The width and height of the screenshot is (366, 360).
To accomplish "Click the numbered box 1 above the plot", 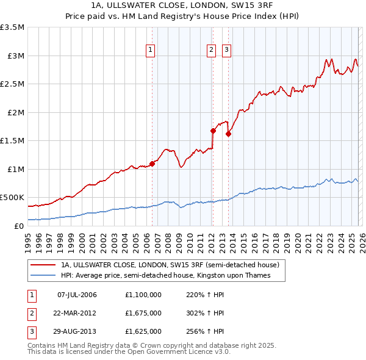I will click(x=151, y=51).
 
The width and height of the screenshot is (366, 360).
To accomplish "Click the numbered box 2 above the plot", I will click(x=211, y=51).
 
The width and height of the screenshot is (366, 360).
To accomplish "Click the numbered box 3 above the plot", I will click(x=226, y=51).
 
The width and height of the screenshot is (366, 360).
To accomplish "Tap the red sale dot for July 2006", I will click(x=152, y=163).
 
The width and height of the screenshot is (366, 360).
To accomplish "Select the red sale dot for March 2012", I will click(x=213, y=130).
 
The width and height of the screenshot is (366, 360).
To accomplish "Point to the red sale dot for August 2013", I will click(x=228, y=134).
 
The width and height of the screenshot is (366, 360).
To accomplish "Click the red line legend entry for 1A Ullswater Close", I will click(x=170, y=265).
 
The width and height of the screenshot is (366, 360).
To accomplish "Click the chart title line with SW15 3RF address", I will click(x=183, y=7).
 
